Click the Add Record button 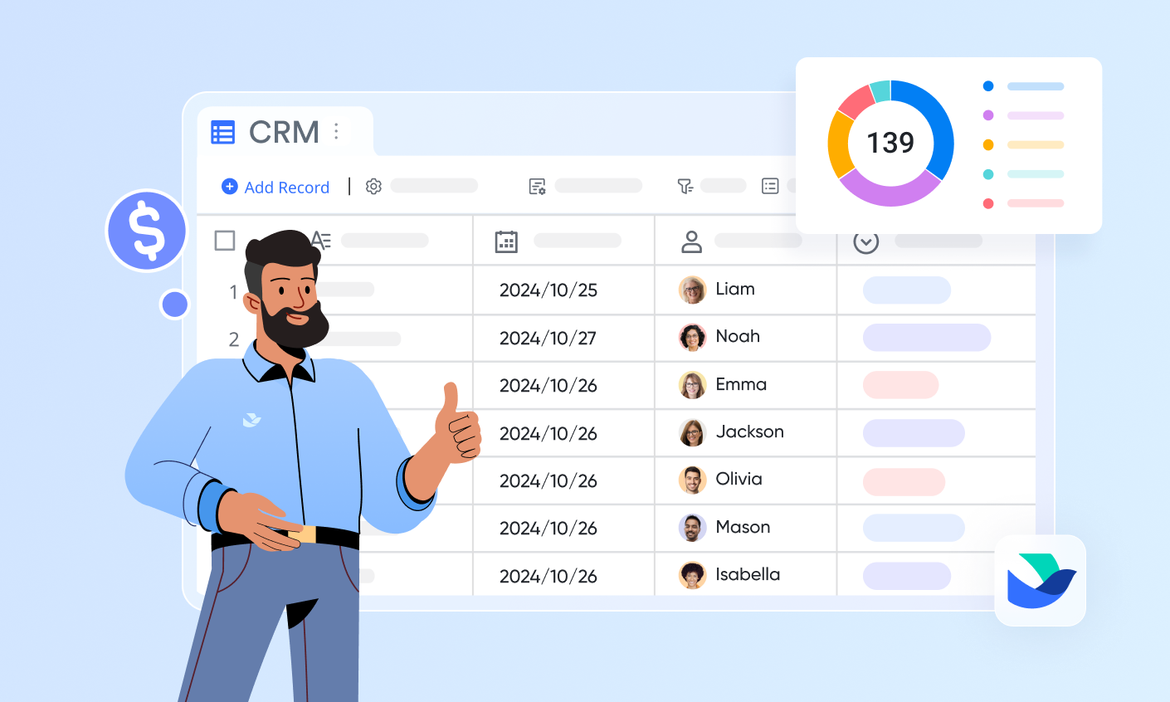coord(275,187)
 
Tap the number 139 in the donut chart coord(890,143)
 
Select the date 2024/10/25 coord(548,290)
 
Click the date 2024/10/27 coord(548,338)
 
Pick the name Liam coord(735,289)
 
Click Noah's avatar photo coord(693,337)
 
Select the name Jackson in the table coord(749,431)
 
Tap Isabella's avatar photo coord(693,575)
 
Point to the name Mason coord(743,527)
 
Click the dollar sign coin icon coord(148,231)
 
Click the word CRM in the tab coord(284,132)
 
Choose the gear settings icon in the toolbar coord(373,187)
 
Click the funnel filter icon coord(685,186)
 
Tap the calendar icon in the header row coord(506,241)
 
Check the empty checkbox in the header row coord(225,241)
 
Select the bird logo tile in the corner coord(1041,580)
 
